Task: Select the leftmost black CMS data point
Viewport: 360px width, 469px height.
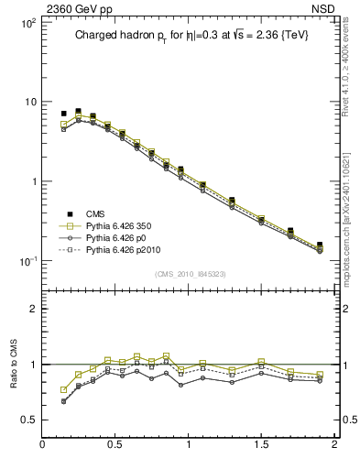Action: tap(63, 114)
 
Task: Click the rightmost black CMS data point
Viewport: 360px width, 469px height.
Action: tap(319, 245)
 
